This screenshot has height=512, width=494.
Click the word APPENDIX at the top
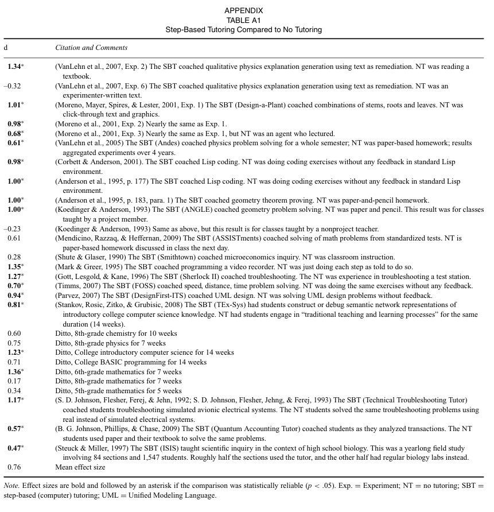coord(244,10)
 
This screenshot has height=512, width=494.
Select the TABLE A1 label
coord(244,20)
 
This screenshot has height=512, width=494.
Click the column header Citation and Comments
coord(91,48)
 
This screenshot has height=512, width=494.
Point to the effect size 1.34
coord(14,67)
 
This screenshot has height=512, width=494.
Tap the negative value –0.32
coord(13,86)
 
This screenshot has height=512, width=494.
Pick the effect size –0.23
coord(13,228)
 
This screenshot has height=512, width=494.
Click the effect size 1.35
coord(14,267)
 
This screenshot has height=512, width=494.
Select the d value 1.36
coord(14,371)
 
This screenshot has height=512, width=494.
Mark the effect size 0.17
coord(14,381)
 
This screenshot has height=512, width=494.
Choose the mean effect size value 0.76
coord(14,467)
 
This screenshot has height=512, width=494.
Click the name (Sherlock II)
coord(192,277)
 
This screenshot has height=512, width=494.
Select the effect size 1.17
coord(14,400)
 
